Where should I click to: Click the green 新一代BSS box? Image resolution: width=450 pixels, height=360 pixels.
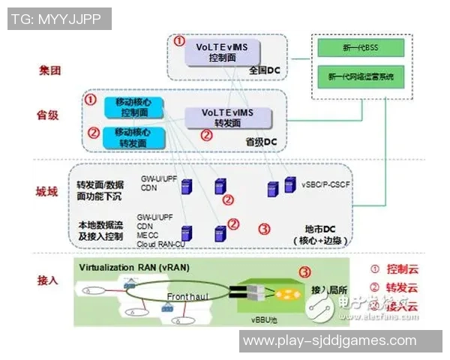(360, 48)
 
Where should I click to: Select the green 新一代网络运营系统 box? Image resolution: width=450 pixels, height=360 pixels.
(361, 76)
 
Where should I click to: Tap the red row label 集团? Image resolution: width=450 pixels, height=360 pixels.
(50, 70)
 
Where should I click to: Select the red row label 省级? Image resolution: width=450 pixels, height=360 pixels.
(49, 116)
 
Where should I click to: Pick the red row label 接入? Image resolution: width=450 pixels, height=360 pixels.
(49, 280)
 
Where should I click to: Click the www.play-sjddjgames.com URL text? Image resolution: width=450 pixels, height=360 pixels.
(330, 340)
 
